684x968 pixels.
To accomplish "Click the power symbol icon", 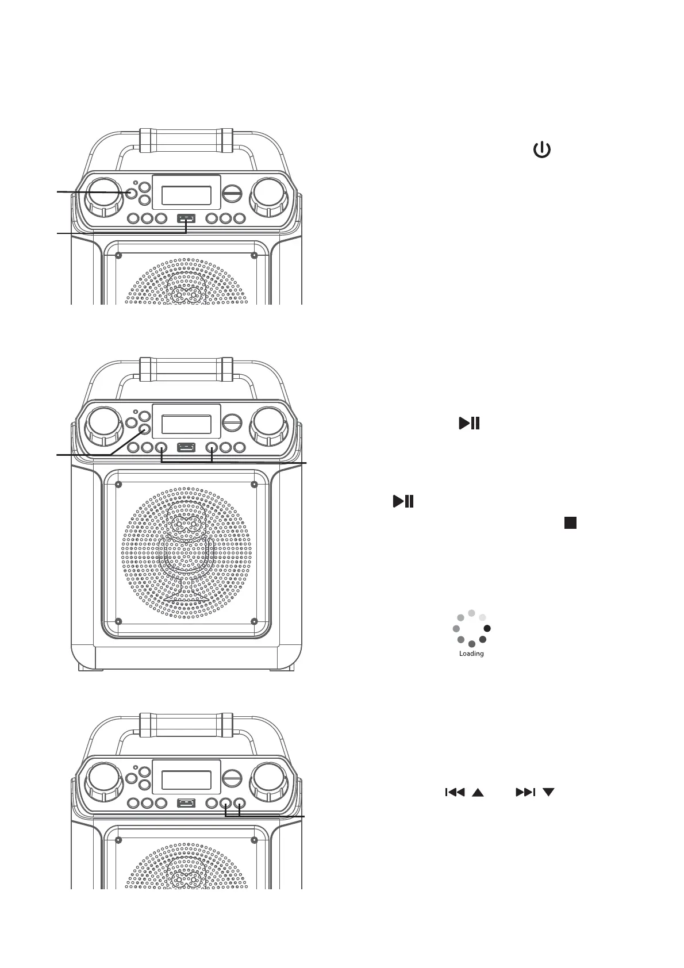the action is pyautogui.click(x=542, y=151).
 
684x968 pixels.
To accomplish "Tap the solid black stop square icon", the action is pyautogui.click(x=570, y=522).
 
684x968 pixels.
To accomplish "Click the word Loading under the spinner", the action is pyautogui.click(x=471, y=654).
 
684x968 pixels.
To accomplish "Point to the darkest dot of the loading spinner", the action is pyautogui.click(x=487, y=628).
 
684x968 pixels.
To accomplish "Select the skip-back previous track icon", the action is pyautogui.click(x=455, y=792).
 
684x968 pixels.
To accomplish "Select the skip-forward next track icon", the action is pyautogui.click(x=525, y=792).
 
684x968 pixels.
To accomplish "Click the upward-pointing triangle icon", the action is pyautogui.click(x=478, y=793).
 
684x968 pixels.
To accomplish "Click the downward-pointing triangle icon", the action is pyautogui.click(x=548, y=792).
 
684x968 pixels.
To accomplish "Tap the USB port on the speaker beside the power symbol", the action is pyautogui.click(x=186, y=218).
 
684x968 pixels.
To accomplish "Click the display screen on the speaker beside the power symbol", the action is pyautogui.click(x=186, y=195).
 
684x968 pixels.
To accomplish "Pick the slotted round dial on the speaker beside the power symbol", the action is pyautogui.click(x=232, y=194).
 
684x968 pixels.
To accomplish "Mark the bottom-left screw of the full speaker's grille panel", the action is pyautogui.click(x=118, y=621).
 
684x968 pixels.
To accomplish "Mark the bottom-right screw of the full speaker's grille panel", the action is pyautogui.click(x=254, y=621).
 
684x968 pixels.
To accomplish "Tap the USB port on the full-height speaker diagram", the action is pyautogui.click(x=186, y=447).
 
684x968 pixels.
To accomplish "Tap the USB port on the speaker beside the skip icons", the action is pyautogui.click(x=186, y=802).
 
